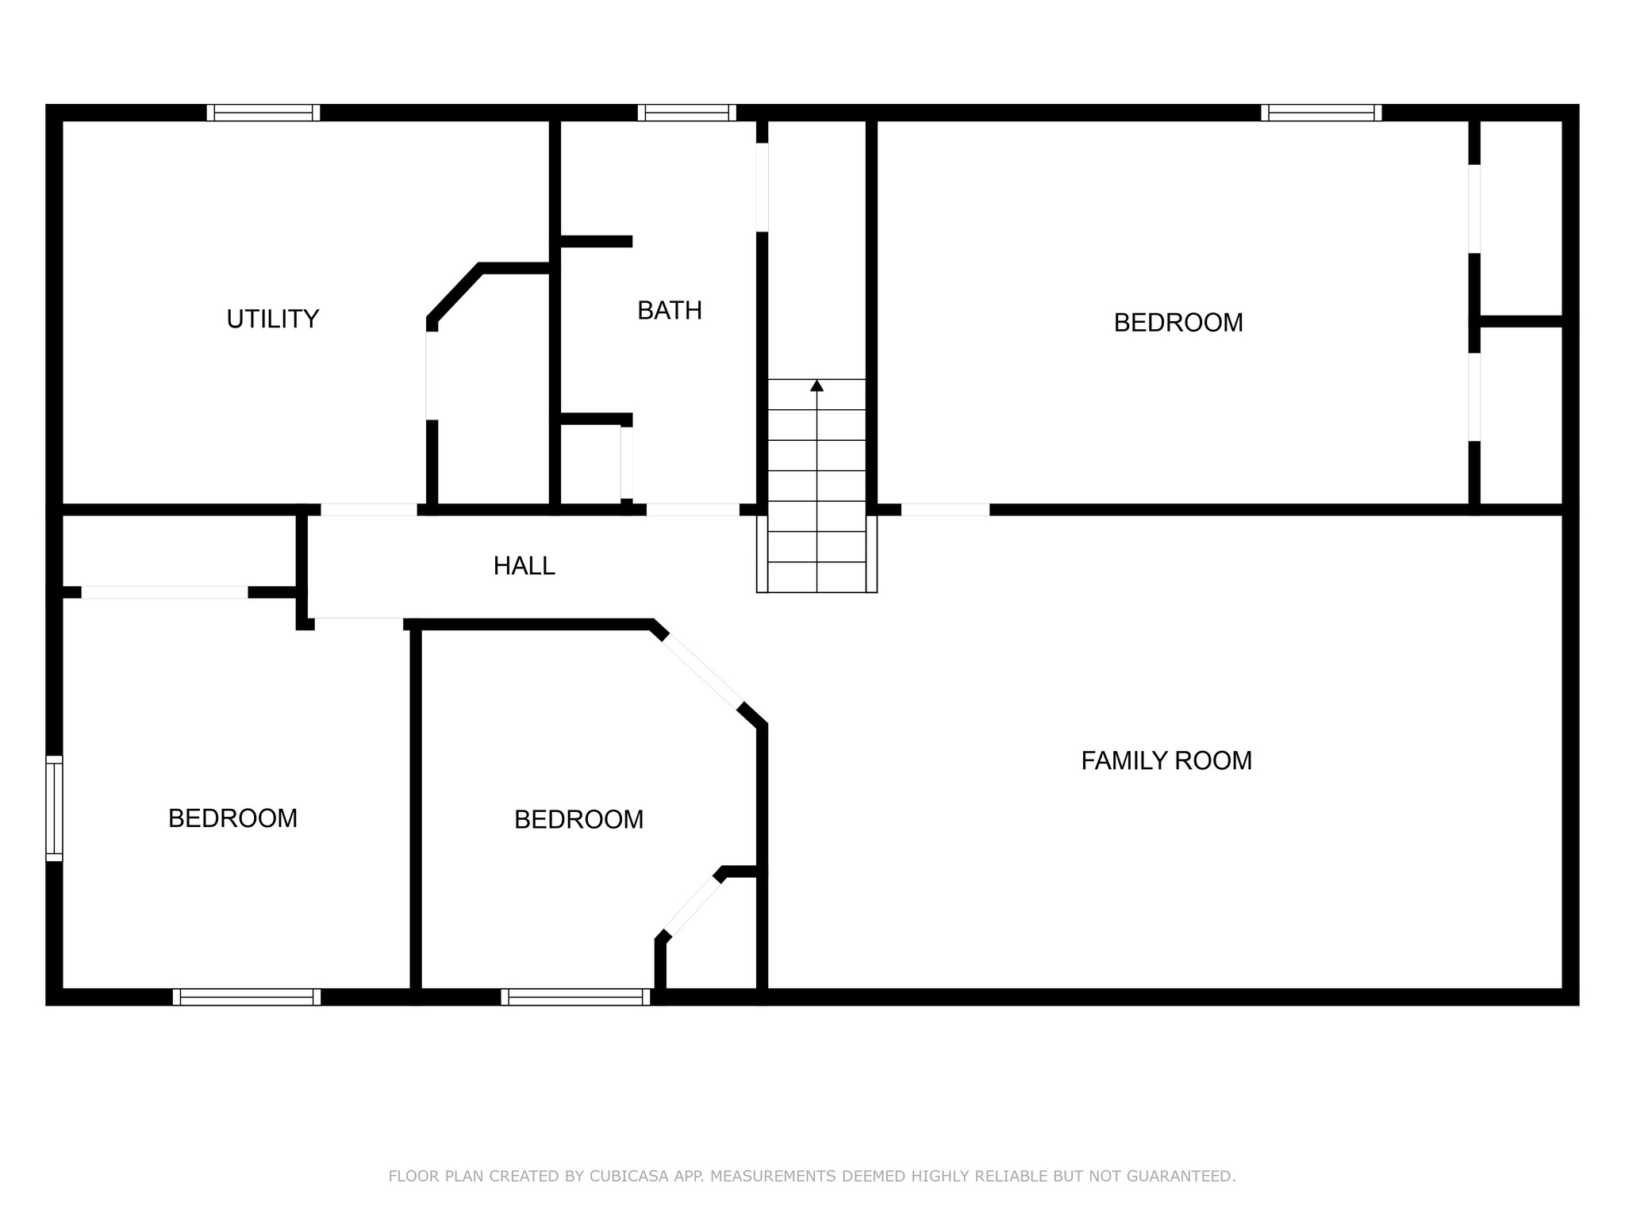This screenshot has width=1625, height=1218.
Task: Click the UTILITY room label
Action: (272, 319)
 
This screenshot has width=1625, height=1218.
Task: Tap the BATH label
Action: (670, 311)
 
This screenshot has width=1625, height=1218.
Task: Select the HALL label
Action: (524, 566)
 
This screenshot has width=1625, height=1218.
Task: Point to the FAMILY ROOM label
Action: (1166, 761)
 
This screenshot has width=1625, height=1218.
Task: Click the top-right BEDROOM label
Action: (1177, 323)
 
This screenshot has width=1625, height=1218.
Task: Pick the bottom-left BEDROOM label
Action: (232, 818)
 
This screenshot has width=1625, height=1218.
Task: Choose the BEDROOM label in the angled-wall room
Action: (578, 820)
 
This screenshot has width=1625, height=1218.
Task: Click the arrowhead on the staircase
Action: (816, 386)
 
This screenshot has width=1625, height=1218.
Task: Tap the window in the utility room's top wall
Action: (263, 113)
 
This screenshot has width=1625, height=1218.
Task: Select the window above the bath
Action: (687, 113)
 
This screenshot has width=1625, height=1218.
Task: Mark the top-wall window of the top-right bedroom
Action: (1321, 113)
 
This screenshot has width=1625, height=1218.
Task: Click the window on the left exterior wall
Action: (54, 808)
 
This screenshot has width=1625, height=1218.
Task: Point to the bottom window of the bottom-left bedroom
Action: (247, 997)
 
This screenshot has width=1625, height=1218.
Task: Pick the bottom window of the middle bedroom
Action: (576, 997)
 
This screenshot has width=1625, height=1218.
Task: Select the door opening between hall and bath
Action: (693, 509)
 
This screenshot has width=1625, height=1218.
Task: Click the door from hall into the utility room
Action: (369, 509)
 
